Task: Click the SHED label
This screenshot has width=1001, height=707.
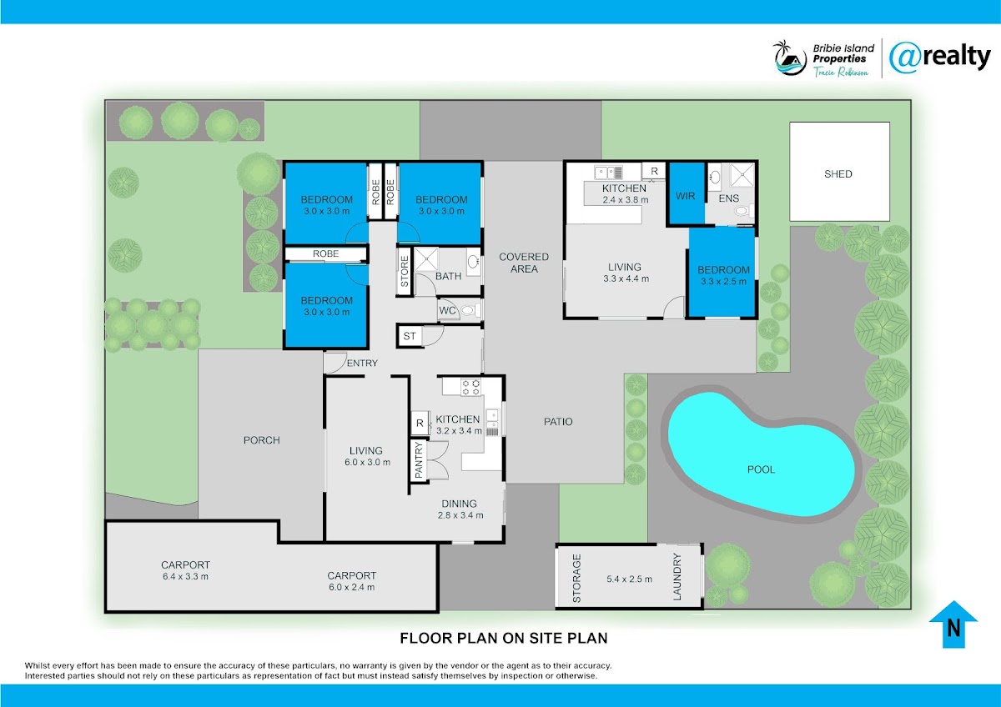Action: point(838,173)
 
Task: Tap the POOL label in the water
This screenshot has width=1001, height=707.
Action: point(761,469)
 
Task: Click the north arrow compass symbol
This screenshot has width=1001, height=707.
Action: point(953,624)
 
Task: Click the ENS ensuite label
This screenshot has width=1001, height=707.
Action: point(729,198)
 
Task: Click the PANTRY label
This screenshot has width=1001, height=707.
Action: point(419,460)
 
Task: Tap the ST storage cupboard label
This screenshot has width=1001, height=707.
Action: point(410,336)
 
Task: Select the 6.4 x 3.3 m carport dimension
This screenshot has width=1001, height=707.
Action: point(185,577)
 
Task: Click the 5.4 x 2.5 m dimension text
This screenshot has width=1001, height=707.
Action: point(629,579)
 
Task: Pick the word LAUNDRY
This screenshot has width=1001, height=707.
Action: point(677,577)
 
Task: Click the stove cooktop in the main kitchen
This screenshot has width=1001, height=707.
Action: point(470,387)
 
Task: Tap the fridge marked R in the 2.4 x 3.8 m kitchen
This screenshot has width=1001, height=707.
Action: point(654,171)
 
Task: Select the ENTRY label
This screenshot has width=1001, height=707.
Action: point(362,364)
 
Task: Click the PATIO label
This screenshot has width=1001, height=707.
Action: point(558,422)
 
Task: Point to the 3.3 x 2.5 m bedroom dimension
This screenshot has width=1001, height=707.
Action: point(723,281)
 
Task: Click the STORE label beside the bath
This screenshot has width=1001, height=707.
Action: point(405,272)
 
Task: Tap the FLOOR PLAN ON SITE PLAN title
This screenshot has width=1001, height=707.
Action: point(504,639)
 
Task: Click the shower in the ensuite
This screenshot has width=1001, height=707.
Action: point(742,175)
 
